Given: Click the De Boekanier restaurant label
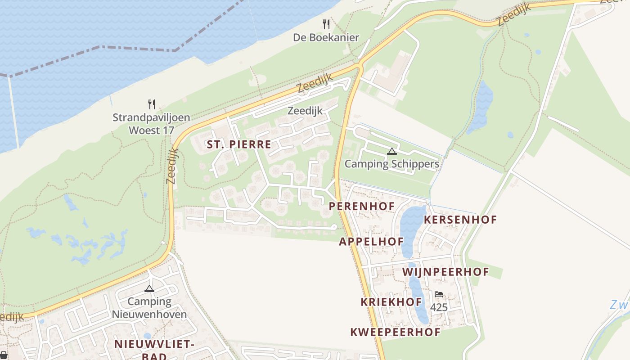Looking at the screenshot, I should (326, 37).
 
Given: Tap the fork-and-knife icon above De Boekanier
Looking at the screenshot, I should (326, 24).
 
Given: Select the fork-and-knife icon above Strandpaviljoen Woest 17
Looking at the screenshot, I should (152, 104).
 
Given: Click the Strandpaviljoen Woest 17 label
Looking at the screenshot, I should (151, 124).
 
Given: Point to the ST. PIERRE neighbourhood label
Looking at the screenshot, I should (239, 144).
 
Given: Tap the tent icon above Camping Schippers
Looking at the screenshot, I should (392, 152).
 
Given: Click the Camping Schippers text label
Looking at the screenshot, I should (392, 164).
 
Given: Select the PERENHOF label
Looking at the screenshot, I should (362, 207).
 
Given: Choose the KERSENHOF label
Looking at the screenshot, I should (460, 220).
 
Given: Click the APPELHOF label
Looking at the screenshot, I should (371, 242).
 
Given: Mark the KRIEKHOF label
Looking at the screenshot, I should (391, 302).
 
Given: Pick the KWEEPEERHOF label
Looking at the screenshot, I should (395, 333).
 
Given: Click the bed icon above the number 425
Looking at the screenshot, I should (439, 294).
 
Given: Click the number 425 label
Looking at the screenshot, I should (439, 307).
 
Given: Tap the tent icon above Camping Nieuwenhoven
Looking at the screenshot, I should (149, 288).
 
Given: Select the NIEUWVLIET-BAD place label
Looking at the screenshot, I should (154, 350).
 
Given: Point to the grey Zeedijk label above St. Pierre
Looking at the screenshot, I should (305, 111).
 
